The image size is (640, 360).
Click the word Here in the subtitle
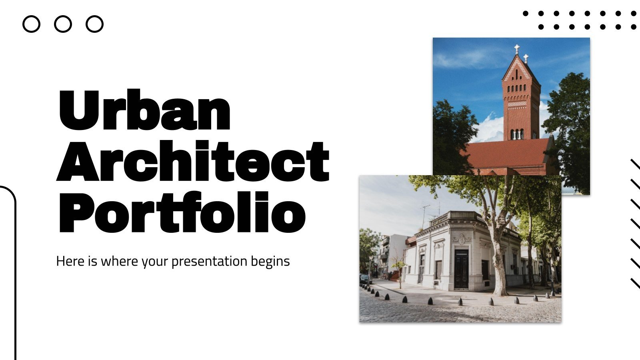(x=70, y=261)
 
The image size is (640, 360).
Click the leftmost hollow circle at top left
(x=31, y=24)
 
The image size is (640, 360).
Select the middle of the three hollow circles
(x=63, y=24)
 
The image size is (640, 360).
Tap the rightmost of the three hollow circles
(x=94, y=24)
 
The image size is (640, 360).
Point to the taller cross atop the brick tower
(x=517, y=49)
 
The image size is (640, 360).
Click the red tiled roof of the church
(x=508, y=154)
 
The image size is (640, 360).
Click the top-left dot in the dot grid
(x=526, y=13)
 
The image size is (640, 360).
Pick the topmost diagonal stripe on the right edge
(x=635, y=164)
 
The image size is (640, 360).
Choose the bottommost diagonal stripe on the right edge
(x=635, y=283)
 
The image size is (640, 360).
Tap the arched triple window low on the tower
(x=517, y=134)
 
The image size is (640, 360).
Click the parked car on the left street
(x=365, y=278)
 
